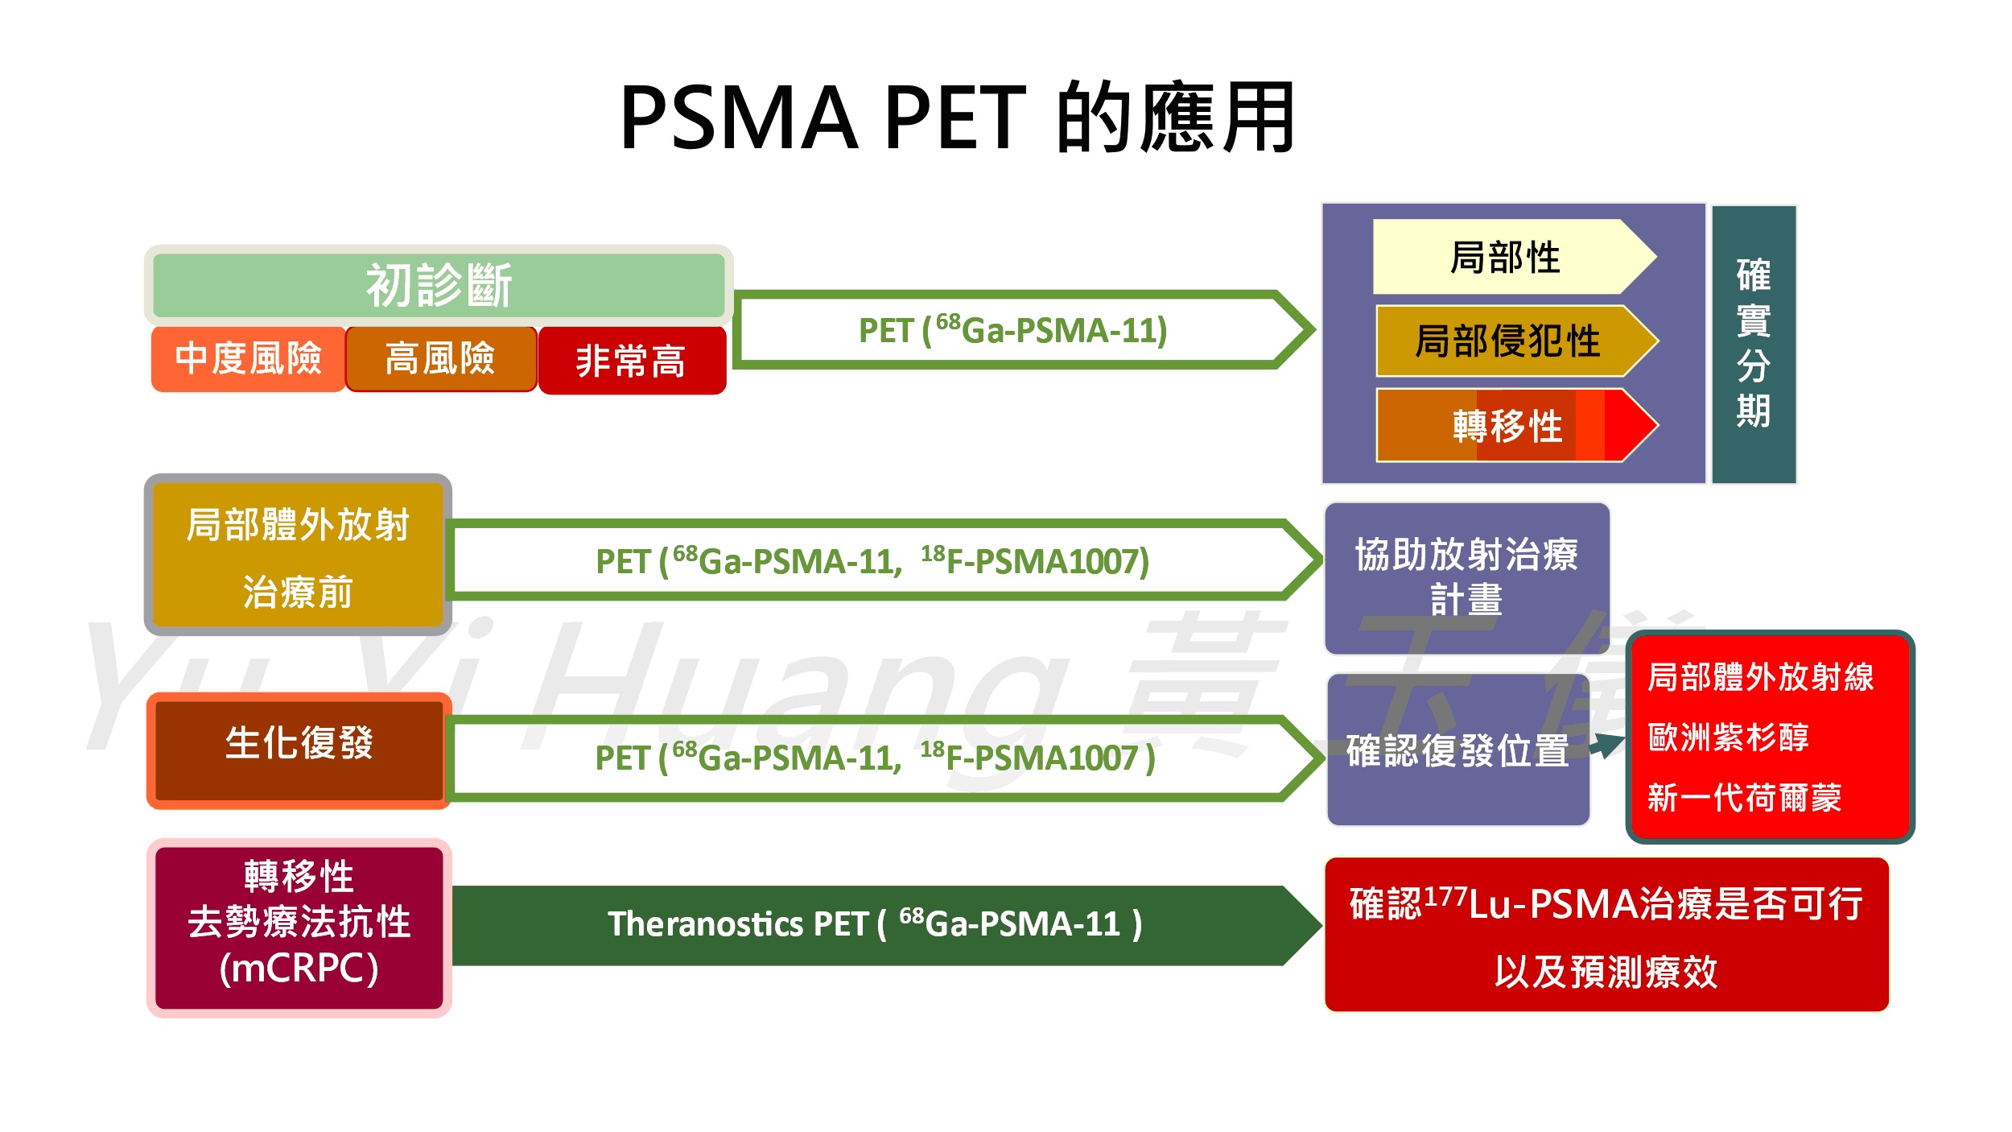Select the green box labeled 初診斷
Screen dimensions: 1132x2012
(x=439, y=285)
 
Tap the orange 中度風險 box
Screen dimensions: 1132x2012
(x=248, y=359)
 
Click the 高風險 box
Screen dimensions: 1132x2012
(x=440, y=359)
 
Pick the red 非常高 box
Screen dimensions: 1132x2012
(x=632, y=361)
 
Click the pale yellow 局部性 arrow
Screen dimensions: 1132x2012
(x=1505, y=257)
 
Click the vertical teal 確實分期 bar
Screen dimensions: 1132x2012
(x=1753, y=344)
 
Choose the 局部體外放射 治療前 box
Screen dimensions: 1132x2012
(x=298, y=556)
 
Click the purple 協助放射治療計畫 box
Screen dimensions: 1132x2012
(x=1466, y=577)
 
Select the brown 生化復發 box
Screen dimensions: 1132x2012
(x=299, y=750)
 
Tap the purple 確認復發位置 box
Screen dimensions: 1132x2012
(x=1457, y=750)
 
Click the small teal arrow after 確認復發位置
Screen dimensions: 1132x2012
(x=1608, y=744)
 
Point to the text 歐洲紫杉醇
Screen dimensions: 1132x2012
(x=1728, y=737)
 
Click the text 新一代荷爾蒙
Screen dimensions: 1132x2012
(x=1744, y=797)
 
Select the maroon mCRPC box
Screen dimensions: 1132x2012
(x=299, y=927)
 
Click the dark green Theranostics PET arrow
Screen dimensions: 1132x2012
(x=876, y=924)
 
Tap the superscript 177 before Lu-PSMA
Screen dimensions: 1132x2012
(x=1445, y=894)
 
